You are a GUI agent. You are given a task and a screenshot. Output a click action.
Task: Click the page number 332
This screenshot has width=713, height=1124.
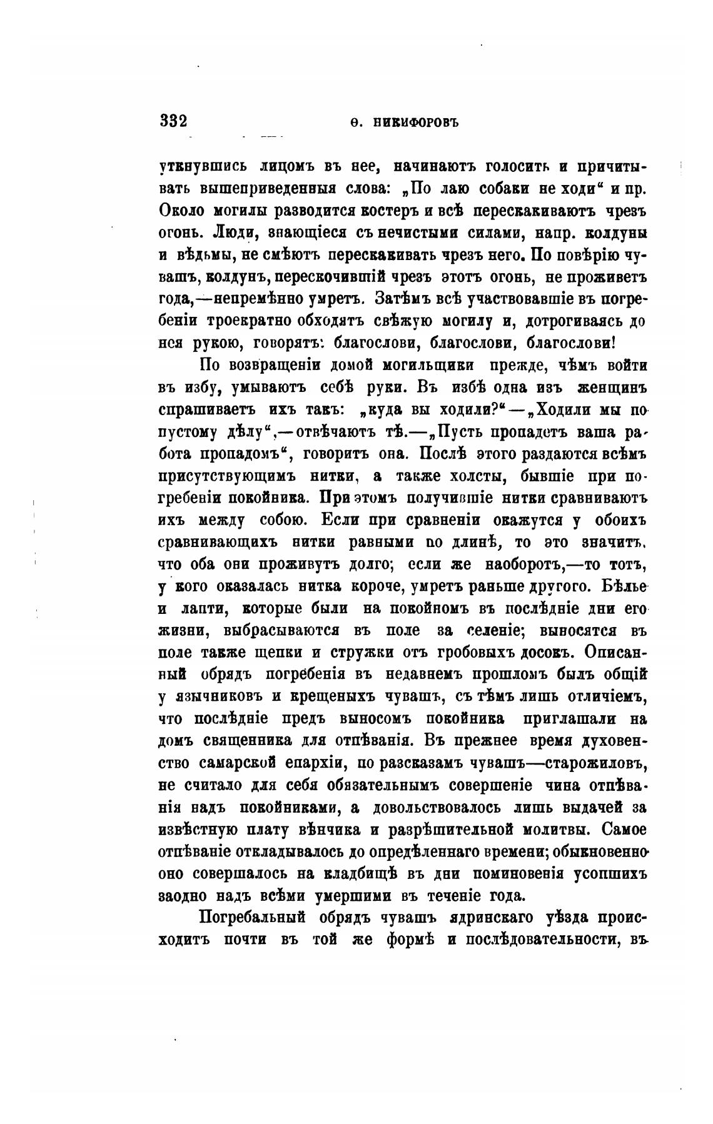click(x=173, y=121)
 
